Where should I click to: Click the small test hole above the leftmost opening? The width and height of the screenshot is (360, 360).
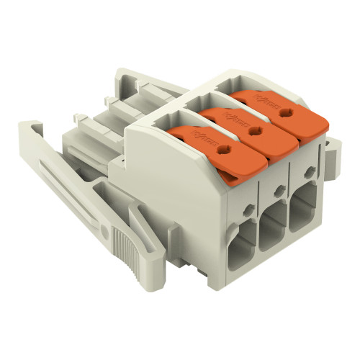[248, 209]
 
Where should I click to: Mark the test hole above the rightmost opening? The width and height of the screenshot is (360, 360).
[308, 173]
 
